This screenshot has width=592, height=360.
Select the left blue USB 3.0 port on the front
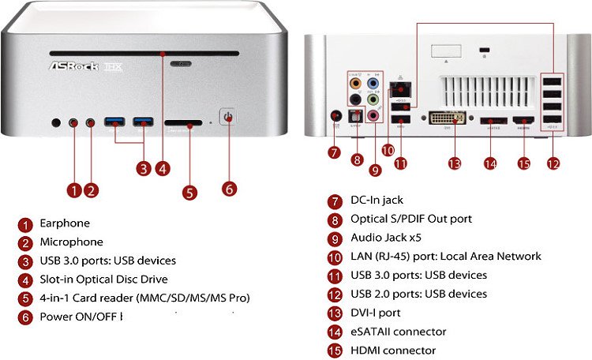pyautogui.click(x=115, y=122)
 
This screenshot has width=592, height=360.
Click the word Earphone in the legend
pyautogui.click(x=65, y=223)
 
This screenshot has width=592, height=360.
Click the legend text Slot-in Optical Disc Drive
pyautogui.click(x=103, y=279)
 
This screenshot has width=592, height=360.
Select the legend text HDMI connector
pyautogui.click(x=393, y=351)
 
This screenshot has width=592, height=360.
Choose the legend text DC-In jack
pyautogui.click(x=377, y=201)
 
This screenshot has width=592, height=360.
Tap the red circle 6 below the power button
pyautogui.click(x=229, y=189)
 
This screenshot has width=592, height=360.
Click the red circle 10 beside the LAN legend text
pyautogui.click(x=335, y=257)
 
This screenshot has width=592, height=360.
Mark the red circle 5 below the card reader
pyautogui.click(x=189, y=192)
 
